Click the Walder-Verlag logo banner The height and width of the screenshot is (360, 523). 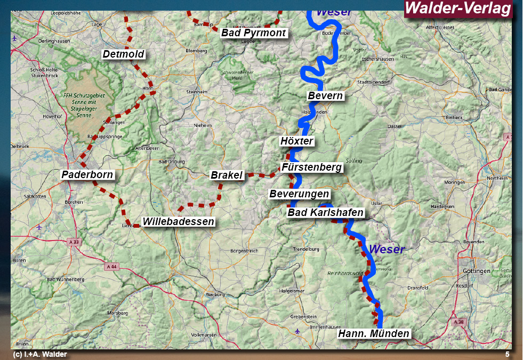pyautogui.click(x=458, y=9)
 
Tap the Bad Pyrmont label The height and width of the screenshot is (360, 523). pyautogui.click(x=254, y=33)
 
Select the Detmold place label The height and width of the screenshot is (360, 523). pyautogui.click(x=124, y=54)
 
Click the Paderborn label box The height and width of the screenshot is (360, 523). pyautogui.click(x=88, y=175)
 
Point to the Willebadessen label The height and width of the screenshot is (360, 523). pyautogui.click(x=178, y=222)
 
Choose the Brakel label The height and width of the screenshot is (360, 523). pyautogui.click(x=227, y=175)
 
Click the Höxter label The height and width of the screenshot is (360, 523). pyautogui.click(x=297, y=141)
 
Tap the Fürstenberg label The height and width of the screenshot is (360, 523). pyautogui.click(x=311, y=167)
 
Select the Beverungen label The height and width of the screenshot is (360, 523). pyautogui.click(x=299, y=194)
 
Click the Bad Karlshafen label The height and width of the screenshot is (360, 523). pyautogui.click(x=325, y=213)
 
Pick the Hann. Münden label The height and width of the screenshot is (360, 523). pyautogui.click(x=374, y=334)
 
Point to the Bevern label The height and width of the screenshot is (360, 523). pyautogui.click(x=325, y=96)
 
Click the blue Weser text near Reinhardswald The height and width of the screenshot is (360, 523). pyautogui.click(x=387, y=249)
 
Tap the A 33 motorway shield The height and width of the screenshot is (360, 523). pyautogui.click(x=75, y=242)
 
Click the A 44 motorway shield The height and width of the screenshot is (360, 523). pyautogui.click(x=111, y=266)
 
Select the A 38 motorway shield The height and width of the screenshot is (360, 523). pyautogui.click(x=459, y=322)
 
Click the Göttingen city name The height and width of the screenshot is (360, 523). pyautogui.click(x=477, y=271)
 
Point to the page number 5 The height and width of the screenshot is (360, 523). pyautogui.click(x=507, y=354)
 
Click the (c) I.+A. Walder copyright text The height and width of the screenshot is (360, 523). pyautogui.click(x=40, y=354)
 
